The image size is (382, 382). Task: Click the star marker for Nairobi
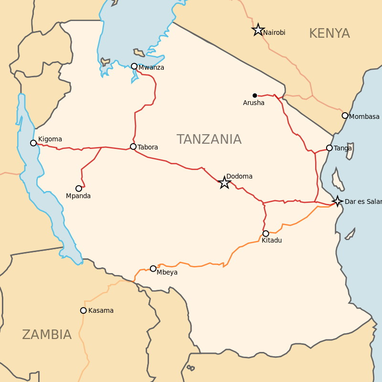pyautogui.click(x=258, y=30)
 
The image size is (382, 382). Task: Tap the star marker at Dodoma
pyautogui.click(x=224, y=182)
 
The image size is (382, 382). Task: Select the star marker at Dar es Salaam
pyautogui.click(x=338, y=201)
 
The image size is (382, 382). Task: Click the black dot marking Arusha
pyautogui.click(x=255, y=95)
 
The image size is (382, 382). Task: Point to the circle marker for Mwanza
pyautogui.click(x=134, y=66)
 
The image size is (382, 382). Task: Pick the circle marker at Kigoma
pyautogui.click(x=33, y=143)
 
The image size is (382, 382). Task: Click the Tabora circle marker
pyautogui.click(x=133, y=147)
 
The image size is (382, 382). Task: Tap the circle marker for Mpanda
pyautogui.click(x=79, y=189)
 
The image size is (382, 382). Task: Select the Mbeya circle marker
pyautogui.click(x=153, y=269)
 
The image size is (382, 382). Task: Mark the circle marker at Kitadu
pyautogui.click(x=266, y=233)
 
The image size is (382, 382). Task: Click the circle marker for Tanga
pyautogui.click(x=329, y=148)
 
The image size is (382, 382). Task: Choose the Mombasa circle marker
pyautogui.click(x=345, y=116)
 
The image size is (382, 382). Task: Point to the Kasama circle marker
pyautogui.click(x=84, y=310)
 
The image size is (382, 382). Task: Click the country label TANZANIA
pyautogui.click(x=209, y=139)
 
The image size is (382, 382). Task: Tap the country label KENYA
pyautogui.click(x=329, y=33)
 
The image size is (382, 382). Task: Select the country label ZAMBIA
pyautogui.click(x=47, y=335)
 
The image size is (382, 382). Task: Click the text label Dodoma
pyautogui.click(x=239, y=176)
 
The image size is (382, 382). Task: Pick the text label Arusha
pyautogui.click(x=254, y=103)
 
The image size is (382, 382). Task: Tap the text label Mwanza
pyautogui.click(x=151, y=67)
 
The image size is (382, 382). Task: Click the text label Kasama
pyautogui.click(x=101, y=310)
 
